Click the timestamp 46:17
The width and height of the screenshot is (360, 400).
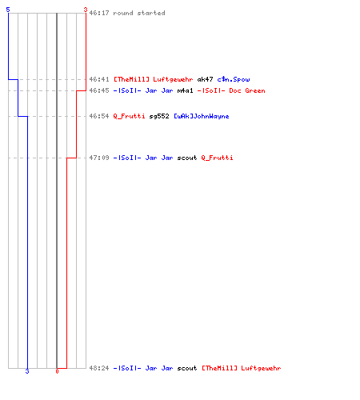click(99, 13)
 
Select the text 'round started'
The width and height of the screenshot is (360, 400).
click(139, 13)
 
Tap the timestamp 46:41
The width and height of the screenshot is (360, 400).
click(99, 79)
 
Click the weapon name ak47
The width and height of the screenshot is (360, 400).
click(205, 79)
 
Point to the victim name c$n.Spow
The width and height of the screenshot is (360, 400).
click(234, 79)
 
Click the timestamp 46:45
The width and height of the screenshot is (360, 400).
click(99, 90)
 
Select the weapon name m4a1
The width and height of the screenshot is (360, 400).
click(185, 90)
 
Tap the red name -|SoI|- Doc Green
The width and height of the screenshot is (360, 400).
click(231, 90)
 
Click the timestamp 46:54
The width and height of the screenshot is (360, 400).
click(99, 116)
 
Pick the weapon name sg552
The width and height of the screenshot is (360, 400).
click(159, 116)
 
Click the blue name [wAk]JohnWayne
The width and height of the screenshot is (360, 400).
click(202, 116)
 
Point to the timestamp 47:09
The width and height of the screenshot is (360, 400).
click(99, 158)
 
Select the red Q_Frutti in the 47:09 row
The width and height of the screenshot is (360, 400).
click(217, 158)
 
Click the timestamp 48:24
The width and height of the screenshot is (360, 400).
click(99, 368)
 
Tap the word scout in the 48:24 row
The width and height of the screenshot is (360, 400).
click(187, 368)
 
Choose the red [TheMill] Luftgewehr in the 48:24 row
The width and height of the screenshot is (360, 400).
click(241, 368)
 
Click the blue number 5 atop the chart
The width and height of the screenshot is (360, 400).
click(8, 10)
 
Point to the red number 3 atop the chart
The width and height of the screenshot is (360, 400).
click(86, 10)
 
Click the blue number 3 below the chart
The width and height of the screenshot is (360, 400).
click(27, 371)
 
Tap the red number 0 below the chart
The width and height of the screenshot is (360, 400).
click(57, 371)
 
